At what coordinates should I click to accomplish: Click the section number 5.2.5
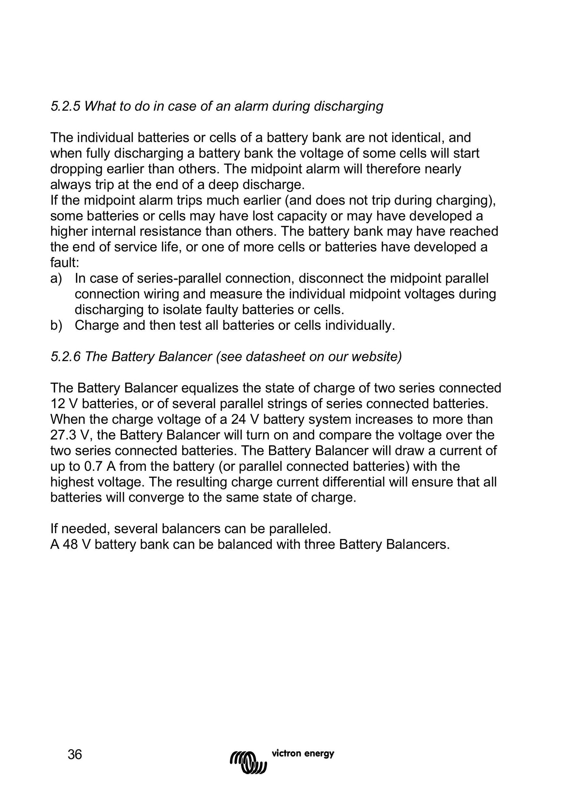(x=65, y=107)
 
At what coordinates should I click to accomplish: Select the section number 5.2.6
(x=65, y=357)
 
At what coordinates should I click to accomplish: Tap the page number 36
(x=75, y=755)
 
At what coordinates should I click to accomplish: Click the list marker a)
(x=56, y=279)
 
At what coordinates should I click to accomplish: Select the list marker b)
(x=56, y=326)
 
